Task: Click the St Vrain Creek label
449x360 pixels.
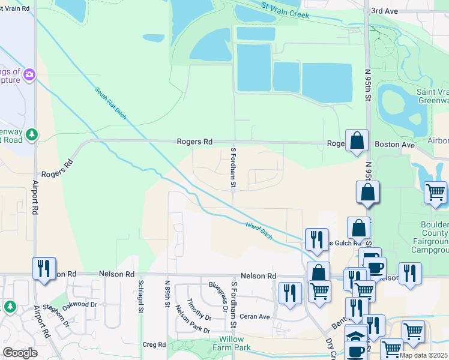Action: [285, 10]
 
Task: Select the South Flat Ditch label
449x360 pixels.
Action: [110, 103]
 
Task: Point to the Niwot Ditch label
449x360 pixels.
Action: [259, 231]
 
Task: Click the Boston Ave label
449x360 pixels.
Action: [395, 145]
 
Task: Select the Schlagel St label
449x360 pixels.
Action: [140, 296]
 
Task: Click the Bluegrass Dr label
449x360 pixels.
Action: [223, 286]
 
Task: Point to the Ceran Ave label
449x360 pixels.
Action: [255, 316]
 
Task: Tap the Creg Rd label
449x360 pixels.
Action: [154, 344]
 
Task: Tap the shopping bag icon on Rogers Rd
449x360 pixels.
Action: [357, 141]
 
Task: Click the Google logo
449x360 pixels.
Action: [20, 353]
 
